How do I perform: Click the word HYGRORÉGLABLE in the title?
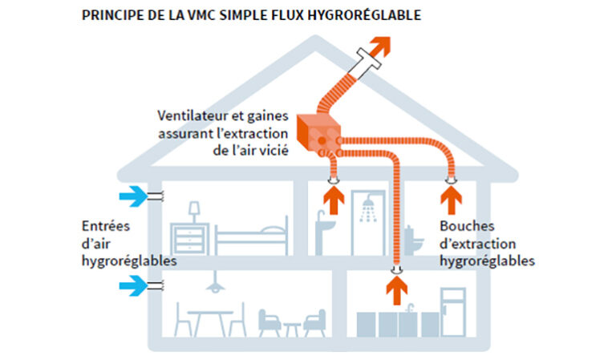pos(364,15)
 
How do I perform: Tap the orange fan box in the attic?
pos(318,132)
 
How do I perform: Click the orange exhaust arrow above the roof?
pos(379,47)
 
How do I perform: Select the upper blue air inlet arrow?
pos(133,196)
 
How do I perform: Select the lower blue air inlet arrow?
pos(133,285)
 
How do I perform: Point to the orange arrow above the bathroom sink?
pos(334,200)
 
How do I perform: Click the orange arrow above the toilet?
pos(451,200)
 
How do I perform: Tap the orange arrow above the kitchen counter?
pos(397,290)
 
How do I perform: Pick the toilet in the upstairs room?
pos(413,240)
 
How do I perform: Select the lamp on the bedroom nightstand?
pos(194,212)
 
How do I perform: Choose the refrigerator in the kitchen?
pos(453,313)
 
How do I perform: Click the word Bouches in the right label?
pos(467,226)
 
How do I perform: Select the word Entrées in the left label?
pos(106,226)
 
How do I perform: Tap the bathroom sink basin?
pos(326,225)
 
